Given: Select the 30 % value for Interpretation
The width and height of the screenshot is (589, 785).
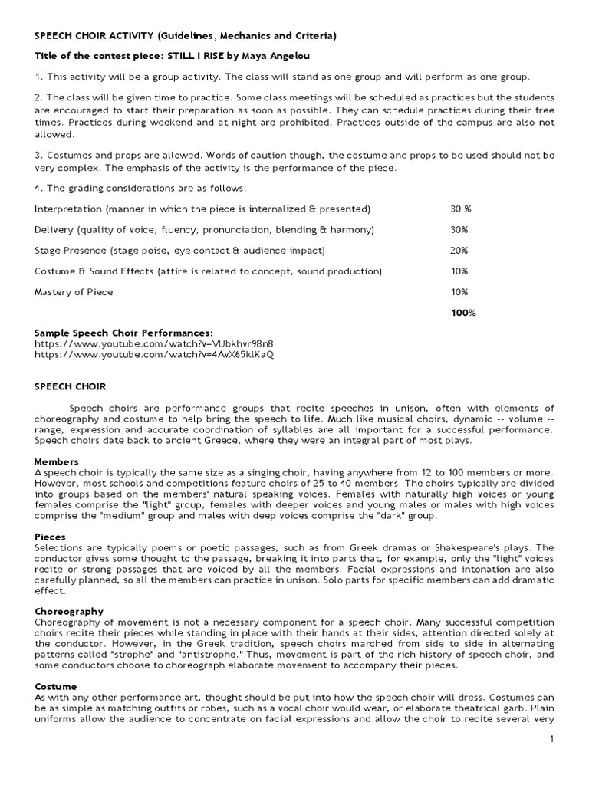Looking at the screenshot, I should click(461, 209).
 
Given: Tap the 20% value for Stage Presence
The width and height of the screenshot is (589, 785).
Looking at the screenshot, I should click(459, 250).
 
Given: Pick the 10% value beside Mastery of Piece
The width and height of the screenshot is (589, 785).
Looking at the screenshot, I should click(459, 291).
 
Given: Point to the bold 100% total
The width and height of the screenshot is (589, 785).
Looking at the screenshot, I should click(462, 312).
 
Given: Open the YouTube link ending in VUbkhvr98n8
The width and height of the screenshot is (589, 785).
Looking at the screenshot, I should click(153, 343).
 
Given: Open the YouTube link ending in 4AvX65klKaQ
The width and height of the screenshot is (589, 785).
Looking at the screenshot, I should click(154, 354).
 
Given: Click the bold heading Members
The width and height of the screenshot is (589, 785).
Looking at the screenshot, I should click(57, 461).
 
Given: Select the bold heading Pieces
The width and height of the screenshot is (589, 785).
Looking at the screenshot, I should click(51, 537).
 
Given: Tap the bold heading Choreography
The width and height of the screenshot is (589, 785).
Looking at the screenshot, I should click(69, 612).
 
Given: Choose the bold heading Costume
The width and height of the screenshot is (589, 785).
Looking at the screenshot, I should click(56, 686).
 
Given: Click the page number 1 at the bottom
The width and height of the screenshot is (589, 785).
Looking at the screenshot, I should click(551, 738).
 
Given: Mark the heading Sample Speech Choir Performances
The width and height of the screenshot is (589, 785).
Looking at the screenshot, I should click(123, 333).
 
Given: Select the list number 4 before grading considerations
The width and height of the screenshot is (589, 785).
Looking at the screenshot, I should click(38, 188).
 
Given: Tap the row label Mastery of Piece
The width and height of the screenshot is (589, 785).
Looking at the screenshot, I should click(74, 291).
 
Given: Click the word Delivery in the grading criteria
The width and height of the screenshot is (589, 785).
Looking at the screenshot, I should click(54, 229).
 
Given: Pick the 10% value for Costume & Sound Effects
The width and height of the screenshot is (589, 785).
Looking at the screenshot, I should click(459, 271).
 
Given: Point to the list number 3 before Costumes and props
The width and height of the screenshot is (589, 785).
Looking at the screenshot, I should click(38, 156).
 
